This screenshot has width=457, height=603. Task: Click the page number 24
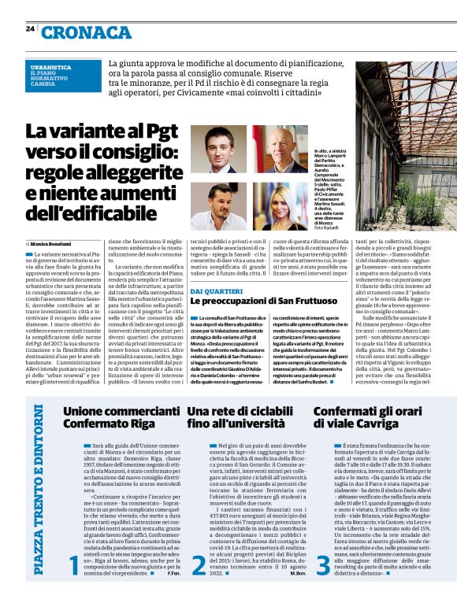pyautogui.click(x=30, y=29)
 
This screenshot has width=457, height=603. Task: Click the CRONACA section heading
pyautogui.click(x=87, y=32)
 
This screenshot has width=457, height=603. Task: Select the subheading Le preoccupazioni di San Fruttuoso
pyautogui.click(x=260, y=301)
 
